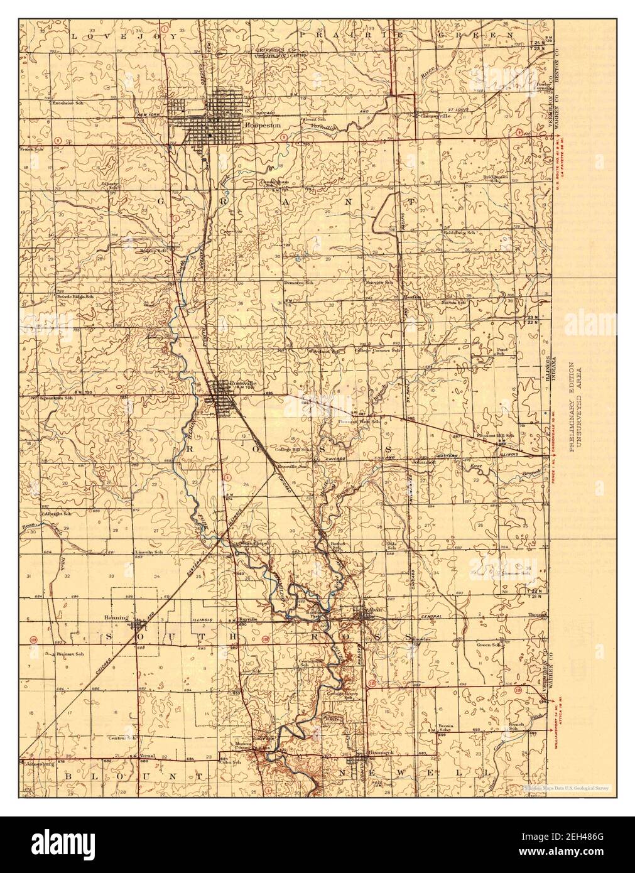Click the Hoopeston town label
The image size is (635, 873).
click(x=256, y=124)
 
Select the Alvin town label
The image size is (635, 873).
click(x=376, y=608)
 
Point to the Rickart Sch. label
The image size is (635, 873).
click(x=70, y=655)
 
